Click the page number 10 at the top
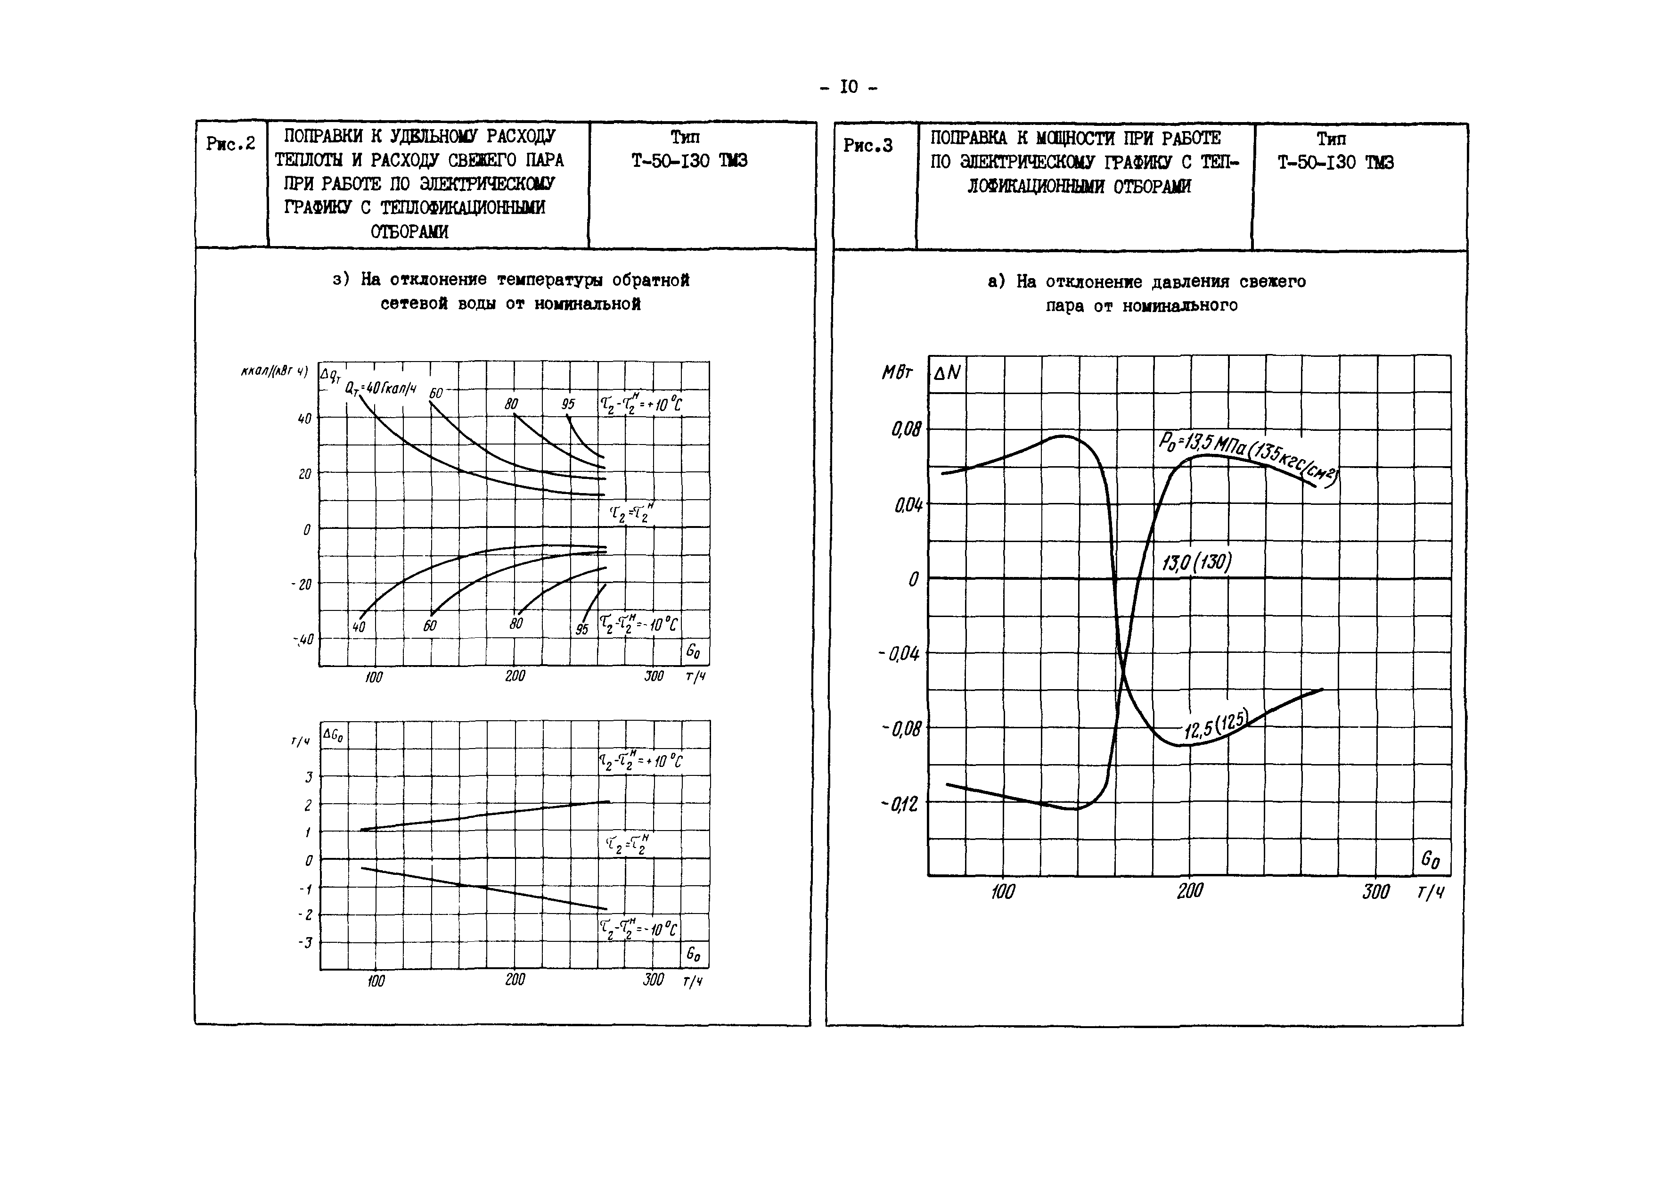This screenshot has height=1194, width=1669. click(x=848, y=88)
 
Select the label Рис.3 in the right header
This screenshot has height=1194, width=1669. click(x=868, y=146)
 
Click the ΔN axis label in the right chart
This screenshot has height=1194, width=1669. click(x=947, y=373)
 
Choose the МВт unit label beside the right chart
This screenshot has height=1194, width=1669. click(x=897, y=373)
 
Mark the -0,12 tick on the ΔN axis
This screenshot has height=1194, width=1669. click(x=900, y=804)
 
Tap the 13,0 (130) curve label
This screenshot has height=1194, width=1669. click(x=1196, y=563)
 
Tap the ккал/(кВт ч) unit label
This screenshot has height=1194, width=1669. click(x=274, y=371)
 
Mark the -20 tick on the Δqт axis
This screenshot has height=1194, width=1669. click(x=301, y=585)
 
